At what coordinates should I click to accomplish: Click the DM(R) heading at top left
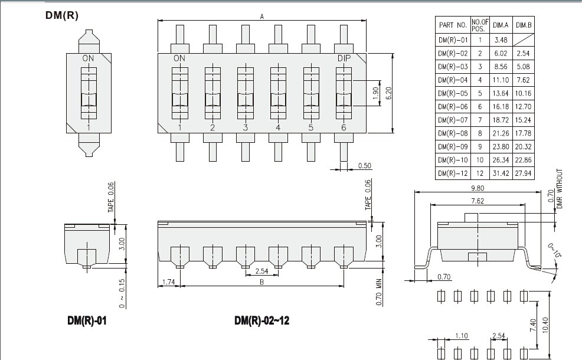(62, 15)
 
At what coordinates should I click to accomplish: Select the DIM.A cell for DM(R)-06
(501, 106)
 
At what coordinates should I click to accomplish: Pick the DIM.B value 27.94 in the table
(524, 174)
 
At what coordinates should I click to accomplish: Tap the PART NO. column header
(453, 25)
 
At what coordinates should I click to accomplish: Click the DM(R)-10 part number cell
(453, 160)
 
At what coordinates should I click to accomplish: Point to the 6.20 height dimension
(388, 93)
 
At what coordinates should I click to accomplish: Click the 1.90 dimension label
(375, 93)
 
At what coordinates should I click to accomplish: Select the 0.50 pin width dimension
(365, 165)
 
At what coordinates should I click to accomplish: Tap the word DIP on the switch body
(344, 58)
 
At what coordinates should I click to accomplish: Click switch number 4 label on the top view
(278, 127)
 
